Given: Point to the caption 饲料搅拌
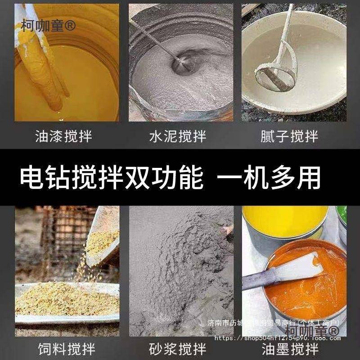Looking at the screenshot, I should (63, 349).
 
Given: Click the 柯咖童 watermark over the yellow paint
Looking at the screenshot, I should (49, 25).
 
